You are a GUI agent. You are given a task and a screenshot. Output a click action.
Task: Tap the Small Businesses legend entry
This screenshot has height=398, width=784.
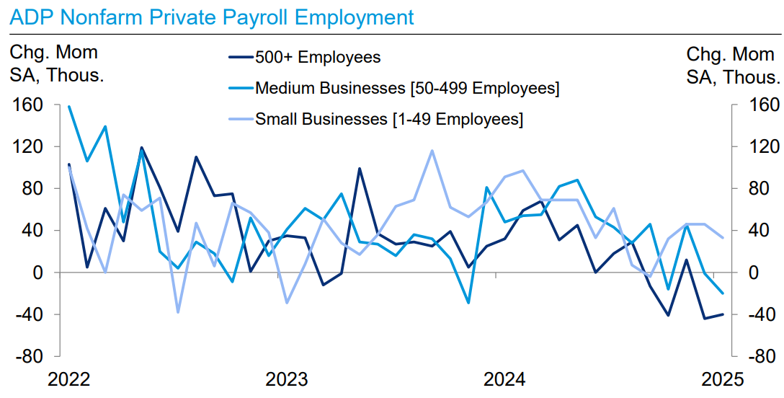click(x=389, y=119)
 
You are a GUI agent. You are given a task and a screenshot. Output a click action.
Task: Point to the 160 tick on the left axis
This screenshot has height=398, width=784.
click(x=27, y=105)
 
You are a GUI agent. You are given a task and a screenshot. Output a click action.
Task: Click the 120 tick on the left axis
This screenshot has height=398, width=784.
click(x=27, y=147)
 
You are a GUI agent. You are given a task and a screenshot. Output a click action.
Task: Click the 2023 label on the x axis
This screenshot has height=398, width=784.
click(x=288, y=380)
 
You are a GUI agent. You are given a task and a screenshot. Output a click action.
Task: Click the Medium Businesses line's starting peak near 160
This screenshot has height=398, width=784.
click(x=69, y=107)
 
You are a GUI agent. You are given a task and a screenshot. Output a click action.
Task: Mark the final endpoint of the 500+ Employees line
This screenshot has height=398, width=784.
click(x=723, y=314)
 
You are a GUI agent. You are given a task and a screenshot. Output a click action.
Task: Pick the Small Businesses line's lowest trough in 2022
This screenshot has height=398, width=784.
click(x=178, y=312)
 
